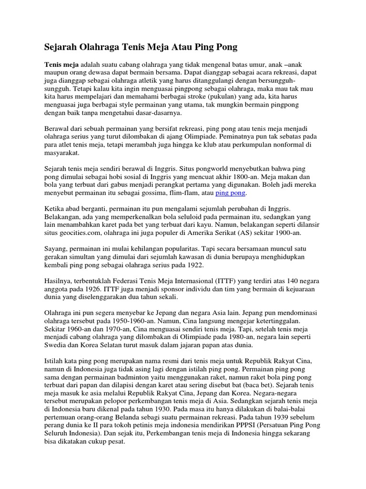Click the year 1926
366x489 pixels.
(111, 290)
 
